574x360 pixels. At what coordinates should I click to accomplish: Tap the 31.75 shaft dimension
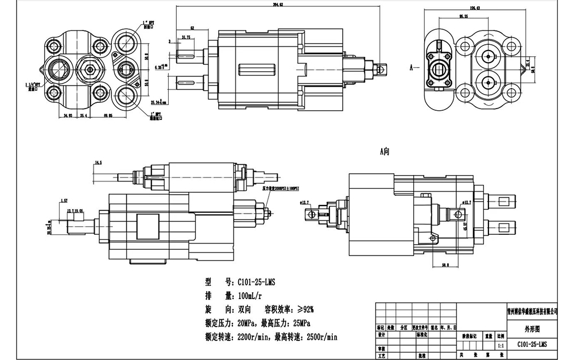click(186, 37)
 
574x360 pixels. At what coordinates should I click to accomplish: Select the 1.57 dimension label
click(64, 200)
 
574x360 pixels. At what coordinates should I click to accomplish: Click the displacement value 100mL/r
click(245, 296)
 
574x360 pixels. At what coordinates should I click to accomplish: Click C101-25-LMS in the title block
click(533, 344)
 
